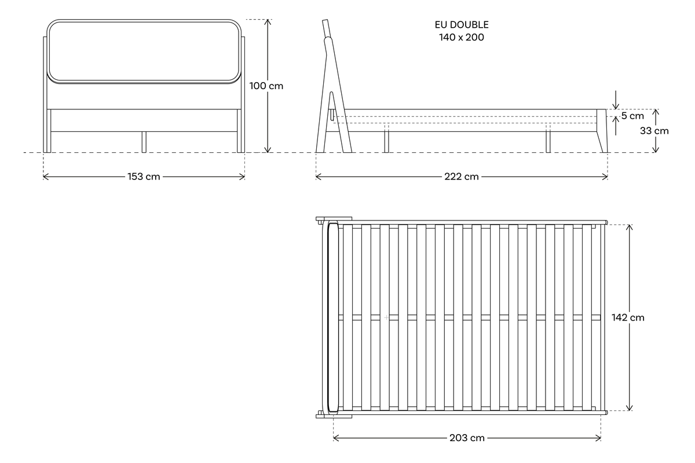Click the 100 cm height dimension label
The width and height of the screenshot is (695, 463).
click(266, 86)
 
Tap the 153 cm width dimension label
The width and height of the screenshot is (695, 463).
click(144, 177)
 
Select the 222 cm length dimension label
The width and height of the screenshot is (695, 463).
click(462, 177)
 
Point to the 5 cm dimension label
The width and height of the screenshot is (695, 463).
click(632, 116)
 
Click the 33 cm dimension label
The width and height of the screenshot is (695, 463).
click(654, 131)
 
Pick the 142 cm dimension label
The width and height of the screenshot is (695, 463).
click(628, 318)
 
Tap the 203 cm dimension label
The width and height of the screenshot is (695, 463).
click(467, 438)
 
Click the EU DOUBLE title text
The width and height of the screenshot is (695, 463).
click(462, 25)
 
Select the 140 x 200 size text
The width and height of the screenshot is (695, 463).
click(462, 38)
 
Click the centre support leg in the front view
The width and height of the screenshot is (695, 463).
click(144, 142)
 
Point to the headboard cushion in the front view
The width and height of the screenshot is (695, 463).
click(144, 52)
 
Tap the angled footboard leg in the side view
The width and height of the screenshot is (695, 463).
click(602, 131)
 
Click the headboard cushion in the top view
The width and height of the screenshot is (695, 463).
click(333, 317)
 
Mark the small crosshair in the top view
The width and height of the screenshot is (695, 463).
click(386, 317)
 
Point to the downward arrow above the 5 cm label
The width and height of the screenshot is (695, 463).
click(616, 100)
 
